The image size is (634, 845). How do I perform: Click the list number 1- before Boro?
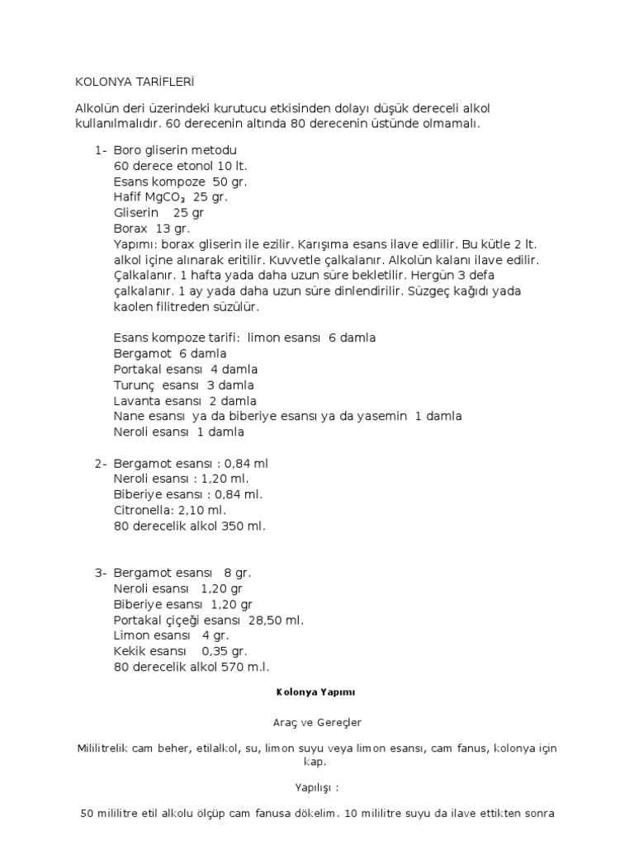tap(101, 151)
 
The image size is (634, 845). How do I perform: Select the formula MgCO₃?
tap(168, 197)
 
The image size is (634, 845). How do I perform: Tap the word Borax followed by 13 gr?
tap(130, 228)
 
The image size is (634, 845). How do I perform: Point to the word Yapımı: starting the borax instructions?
tap(136, 245)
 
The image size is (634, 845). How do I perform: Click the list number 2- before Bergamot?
tap(101, 464)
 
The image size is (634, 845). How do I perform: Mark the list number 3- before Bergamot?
tap(101, 573)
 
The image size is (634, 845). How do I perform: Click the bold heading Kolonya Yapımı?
tap(316, 692)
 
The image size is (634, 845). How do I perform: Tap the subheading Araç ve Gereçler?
tap(316, 722)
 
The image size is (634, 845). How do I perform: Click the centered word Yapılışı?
tap(316, 787)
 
